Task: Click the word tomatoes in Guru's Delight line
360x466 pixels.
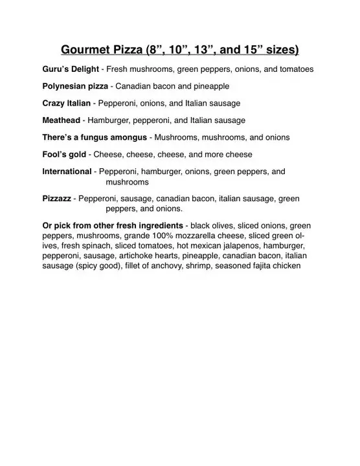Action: [x=295, y=69]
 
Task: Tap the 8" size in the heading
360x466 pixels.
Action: [x=157, y=49]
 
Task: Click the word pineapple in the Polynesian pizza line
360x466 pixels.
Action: [x=211, y=85]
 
